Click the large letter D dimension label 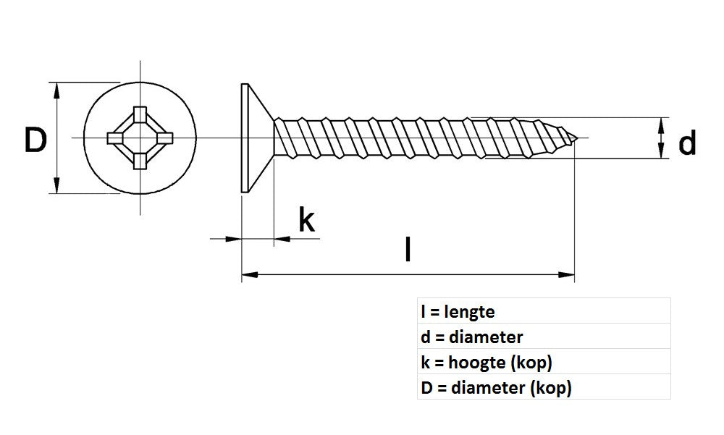coord(35,140)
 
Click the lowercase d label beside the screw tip coord(687,143)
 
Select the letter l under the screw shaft coord(409,249)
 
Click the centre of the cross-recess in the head coord(138,138)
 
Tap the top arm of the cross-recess coord(138,116)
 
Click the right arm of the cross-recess coord(161,138)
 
